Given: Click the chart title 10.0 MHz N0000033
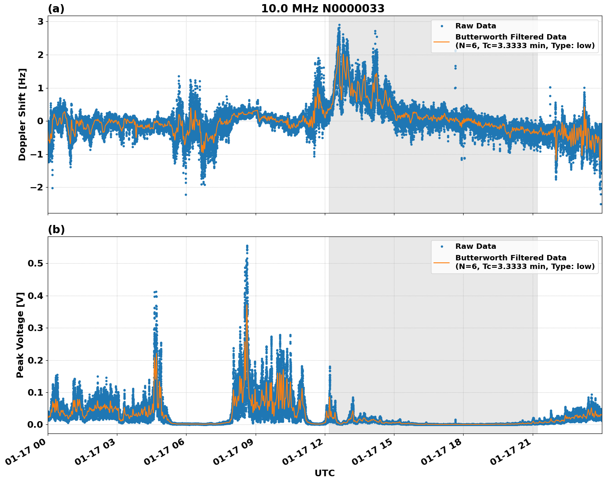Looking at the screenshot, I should pos(323,9).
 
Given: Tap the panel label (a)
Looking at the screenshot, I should pos(56,9).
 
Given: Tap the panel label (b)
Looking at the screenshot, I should pos(56,229).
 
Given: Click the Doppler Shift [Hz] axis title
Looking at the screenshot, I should pos(22,114).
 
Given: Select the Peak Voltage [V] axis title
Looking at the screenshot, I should pos(20,335).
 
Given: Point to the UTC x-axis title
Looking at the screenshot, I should pos(324,473).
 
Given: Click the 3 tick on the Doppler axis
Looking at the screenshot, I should pos(41,21).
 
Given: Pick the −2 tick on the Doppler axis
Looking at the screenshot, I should pos(38,188).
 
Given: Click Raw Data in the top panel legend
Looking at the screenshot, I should pos(475,26).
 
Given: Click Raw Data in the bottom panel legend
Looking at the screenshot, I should pos(475,246).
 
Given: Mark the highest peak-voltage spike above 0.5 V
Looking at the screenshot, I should pos(247,246).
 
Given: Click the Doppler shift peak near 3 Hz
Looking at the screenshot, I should pos(339,25).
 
